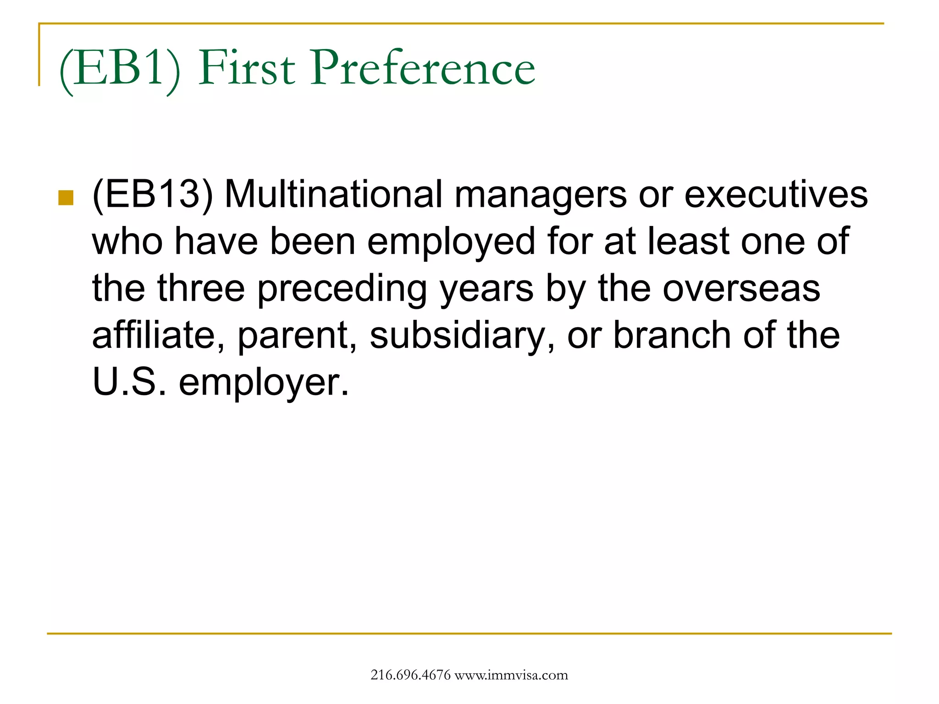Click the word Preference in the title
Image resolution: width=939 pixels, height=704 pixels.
[423, 69]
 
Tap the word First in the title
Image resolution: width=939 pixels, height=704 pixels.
[247, 69]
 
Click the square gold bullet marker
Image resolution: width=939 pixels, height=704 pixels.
[66, 198]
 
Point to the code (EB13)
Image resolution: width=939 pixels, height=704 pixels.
[153, 195]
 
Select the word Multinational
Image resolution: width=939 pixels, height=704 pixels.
[334, 194]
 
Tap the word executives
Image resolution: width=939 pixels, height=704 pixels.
[776, 195]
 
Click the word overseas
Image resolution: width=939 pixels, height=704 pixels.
[741, 289]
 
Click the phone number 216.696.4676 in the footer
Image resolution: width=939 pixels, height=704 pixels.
[410, 675]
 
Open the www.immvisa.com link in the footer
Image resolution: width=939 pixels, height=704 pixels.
[511, 675]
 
